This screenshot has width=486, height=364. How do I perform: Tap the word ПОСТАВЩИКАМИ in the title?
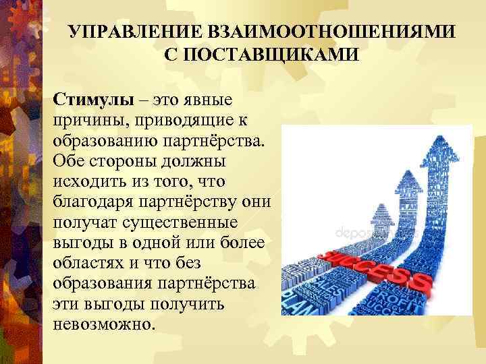coord(262,55)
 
